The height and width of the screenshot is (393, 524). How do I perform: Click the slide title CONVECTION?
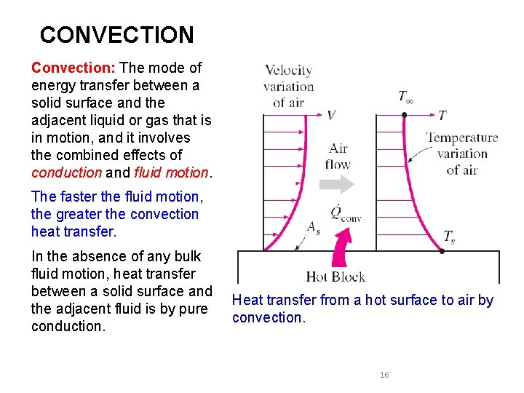116,35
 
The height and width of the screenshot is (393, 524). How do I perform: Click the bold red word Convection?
74,68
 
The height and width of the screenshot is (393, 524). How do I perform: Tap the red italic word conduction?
67,172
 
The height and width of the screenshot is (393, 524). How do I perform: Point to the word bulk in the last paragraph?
187,256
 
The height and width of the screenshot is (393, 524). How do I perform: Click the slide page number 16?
384,375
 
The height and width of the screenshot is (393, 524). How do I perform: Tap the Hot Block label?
336,277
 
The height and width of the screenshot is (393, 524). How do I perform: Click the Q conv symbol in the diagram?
345,213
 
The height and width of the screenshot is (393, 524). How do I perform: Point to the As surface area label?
314,227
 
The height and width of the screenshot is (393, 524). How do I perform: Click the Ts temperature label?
450,237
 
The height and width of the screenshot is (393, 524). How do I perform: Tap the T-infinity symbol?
405,96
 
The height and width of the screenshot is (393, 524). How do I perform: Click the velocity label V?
331,115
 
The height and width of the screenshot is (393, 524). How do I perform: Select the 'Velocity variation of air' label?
288,86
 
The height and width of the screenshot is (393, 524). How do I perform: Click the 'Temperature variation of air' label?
462,154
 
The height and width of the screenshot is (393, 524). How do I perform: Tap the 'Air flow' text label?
338,156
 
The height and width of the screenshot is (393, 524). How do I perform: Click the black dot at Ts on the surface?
442,251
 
